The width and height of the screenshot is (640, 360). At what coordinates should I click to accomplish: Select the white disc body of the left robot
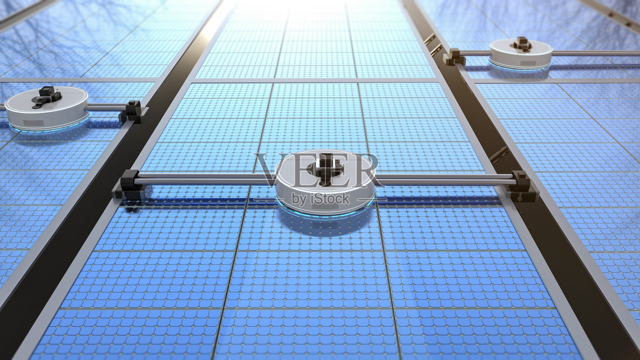pos(47,108)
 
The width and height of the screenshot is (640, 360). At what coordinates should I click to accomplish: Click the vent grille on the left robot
pos(34,123)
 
